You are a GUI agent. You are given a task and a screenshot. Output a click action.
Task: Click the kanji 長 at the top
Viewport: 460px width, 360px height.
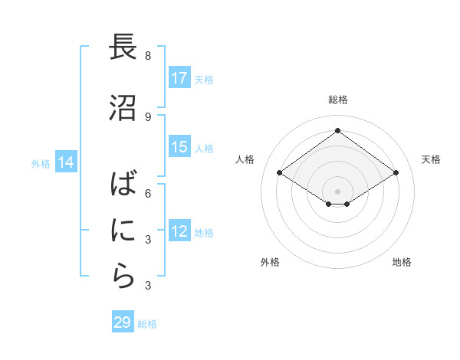[x=122, y=47]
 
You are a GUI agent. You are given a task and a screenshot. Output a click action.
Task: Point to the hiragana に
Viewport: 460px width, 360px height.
[x=122, y=231]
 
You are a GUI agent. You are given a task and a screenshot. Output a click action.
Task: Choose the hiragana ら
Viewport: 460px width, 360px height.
[x=122, y=277]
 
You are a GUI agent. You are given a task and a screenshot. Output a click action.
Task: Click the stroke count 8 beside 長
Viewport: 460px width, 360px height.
[x=148, y=56]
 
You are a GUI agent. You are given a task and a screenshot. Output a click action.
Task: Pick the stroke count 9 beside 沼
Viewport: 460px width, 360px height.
[x=148, y=116]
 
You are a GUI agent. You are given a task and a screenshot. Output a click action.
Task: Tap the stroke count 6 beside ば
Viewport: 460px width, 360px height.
[x=148, y=193]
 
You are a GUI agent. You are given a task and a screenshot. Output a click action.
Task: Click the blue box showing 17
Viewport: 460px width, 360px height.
[x=179, y=78]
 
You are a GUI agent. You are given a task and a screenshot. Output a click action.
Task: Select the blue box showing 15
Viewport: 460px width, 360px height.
[x=179, y=147]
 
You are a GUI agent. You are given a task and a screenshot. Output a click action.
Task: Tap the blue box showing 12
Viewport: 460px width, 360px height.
[x=179, y=231]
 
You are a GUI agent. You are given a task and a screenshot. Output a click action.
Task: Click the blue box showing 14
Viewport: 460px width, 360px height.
[x=66, y=162]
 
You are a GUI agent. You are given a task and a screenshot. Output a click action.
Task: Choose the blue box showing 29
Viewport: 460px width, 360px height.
[x=123, y=322]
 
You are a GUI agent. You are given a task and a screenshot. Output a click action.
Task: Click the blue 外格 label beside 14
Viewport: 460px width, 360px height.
[x=41, y=163]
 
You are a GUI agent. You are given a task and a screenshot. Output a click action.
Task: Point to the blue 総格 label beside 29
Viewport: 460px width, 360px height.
[x=148, y=324]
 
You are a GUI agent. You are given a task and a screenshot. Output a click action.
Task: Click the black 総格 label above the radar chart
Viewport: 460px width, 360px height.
[x=337, y=100]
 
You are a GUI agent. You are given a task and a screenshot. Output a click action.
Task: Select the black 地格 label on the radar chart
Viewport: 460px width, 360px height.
[x=402, y=262]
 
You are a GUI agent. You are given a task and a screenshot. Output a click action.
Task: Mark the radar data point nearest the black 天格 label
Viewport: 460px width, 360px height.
[x=396, y=173]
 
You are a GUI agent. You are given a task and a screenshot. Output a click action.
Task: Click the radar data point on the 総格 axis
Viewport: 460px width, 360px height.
[x=337, y=130]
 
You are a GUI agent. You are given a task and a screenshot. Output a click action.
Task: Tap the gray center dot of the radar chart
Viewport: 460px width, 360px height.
[x=337, y=190]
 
